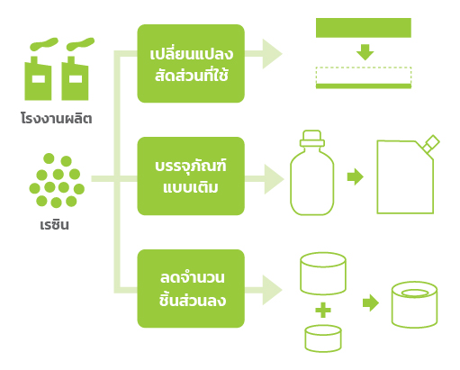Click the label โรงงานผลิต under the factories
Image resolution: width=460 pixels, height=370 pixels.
(x=57, y=118)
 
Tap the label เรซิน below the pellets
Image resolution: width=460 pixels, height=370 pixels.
(x=54, y=225)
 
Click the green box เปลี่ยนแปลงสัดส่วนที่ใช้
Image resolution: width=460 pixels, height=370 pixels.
(x=191, y=64)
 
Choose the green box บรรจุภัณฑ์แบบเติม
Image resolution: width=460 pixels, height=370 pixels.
(x=191, y=176)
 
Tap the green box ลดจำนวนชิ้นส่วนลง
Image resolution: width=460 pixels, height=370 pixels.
(x=191, y=289)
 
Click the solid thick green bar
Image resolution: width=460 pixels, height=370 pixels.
(x=364, y=28)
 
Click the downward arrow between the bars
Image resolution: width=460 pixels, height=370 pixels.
(x=365, y=52)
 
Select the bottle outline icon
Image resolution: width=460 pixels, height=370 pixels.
(x=312, y=173)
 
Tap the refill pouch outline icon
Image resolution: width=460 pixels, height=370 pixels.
(x=408, y=175)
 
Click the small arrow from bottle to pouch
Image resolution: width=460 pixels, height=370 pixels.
(x=356, y=176)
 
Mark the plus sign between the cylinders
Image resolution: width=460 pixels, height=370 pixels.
(x=323, y=310)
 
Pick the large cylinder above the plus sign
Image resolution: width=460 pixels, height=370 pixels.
(x=323, y=274)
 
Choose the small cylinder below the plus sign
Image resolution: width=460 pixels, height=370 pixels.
(x=323, y=338)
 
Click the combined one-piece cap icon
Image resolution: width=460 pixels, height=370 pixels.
(x=414, y=304)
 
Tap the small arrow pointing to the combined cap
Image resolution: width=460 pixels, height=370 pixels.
(x=371, y=302)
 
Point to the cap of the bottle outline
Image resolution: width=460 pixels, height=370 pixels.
(x=312, y=139)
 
